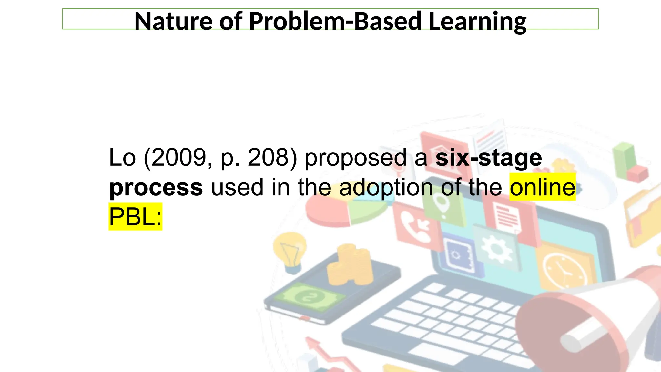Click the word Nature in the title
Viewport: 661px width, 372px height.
tap(173, 21)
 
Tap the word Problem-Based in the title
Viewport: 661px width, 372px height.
tap(335, 21)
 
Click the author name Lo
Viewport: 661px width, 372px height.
tap(122, 158)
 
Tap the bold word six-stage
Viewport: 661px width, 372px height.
tap(488, 158)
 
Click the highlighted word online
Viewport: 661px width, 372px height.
tap(542, 187)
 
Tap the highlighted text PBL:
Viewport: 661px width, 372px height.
tap(135, 217)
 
